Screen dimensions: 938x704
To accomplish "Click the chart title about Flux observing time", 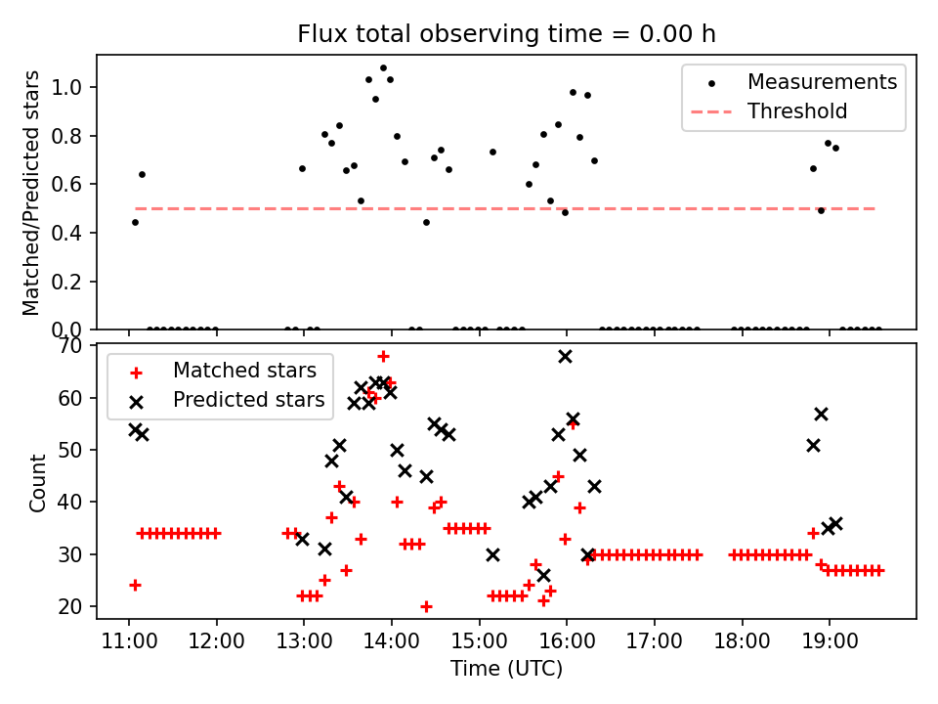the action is pyautogui.click(x=507, y=34).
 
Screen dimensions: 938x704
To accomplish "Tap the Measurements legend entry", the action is pyautogui.click(x=793, y=82).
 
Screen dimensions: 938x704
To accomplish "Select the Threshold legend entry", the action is pyautogui.click(x=770, y=111).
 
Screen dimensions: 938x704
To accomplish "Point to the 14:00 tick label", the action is pyautogui.click(x=391, y=641).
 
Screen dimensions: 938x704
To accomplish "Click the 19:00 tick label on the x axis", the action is pyautogui.click(x=830, y=641).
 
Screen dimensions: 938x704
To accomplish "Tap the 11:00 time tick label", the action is pyautogui.click(x=129, y=641).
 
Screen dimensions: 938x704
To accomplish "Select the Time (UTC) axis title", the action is pyautogui.click(x=507, y=669).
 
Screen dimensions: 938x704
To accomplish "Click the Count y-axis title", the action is pyautogui.click(x=37, y=482).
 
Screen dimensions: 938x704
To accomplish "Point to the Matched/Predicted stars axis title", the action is pyautogui.click(x=30, y=193).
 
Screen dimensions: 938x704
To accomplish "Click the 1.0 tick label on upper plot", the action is pyautogui.click(x=65, y=87).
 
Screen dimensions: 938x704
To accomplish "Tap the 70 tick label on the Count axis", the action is pyautogui.click(x=70, y=346).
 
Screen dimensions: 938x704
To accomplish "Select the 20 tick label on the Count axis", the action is pyautogui.click(x=70, y=607).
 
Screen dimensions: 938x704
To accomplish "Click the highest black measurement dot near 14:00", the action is pyautogui.click(x=383, y=68).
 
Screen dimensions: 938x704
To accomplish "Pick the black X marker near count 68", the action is pyautogui.click(x=565, y=357).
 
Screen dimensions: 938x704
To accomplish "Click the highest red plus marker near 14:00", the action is pyautogui.click(x=383, y=357).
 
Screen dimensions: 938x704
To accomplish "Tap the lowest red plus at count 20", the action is pyautogui.click(x=426, y=607).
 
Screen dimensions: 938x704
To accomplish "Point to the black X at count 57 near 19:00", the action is pyautogui.click(x=821, y=415).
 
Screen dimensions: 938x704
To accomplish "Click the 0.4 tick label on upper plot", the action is pyautogui.click(x=65, y=233).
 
